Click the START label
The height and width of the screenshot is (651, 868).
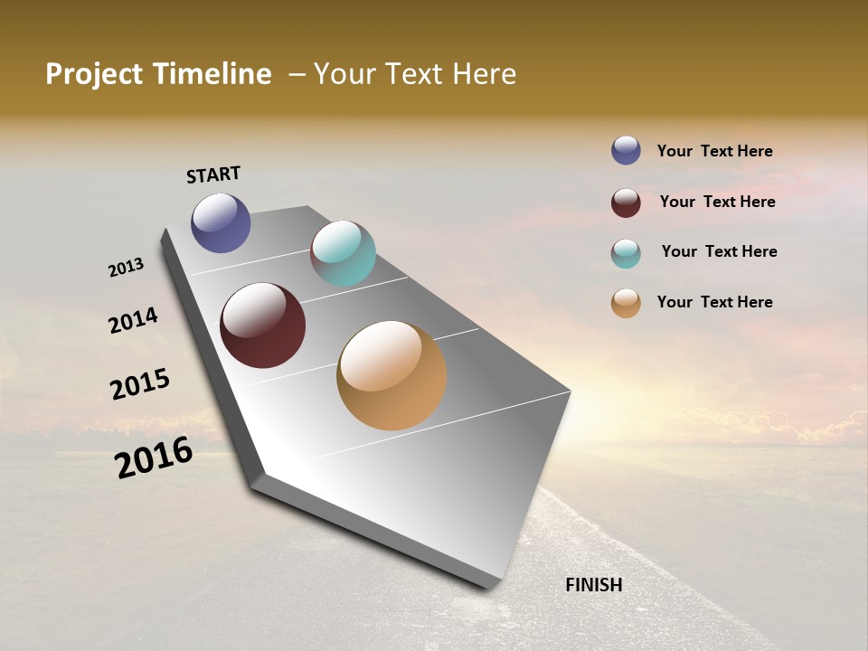213,174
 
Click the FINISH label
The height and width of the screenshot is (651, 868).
594,585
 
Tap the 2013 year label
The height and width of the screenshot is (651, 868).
126,268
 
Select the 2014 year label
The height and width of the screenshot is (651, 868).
133,320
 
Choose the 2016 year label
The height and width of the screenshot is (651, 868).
154,458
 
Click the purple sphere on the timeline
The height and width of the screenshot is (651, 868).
221,222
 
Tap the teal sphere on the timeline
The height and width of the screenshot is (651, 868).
343,253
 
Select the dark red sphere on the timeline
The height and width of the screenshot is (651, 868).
263,325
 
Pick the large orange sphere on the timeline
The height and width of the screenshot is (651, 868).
392,375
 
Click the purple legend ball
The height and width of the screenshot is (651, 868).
626,150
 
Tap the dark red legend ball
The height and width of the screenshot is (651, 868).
626,203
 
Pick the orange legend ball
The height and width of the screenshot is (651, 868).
626,303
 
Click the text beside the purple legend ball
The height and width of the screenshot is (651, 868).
714,151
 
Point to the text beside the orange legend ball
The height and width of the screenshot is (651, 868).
714,302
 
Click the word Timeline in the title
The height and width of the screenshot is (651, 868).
212,74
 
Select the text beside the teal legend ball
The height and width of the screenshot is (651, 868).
719,251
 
